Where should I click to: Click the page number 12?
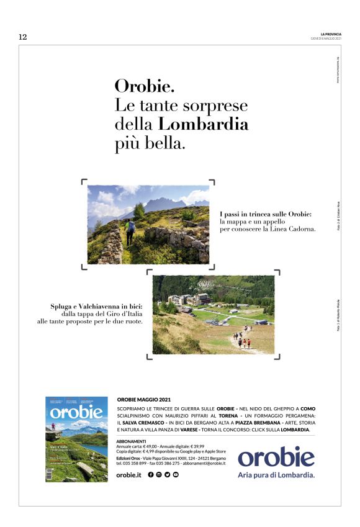click(x=23, y=37)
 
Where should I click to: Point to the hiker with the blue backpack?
click(x=130, y=230)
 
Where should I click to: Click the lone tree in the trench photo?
click(x=139, y=211)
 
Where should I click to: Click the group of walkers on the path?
click(x=241, y=341)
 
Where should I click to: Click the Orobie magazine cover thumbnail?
click(x=76, y=438)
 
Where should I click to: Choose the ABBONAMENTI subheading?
click(x=132, y=441)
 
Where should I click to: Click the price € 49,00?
click(x=153, y=446)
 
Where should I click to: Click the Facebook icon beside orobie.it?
click(x=151, y=475)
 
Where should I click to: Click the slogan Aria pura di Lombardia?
click(x=276, y=475)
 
